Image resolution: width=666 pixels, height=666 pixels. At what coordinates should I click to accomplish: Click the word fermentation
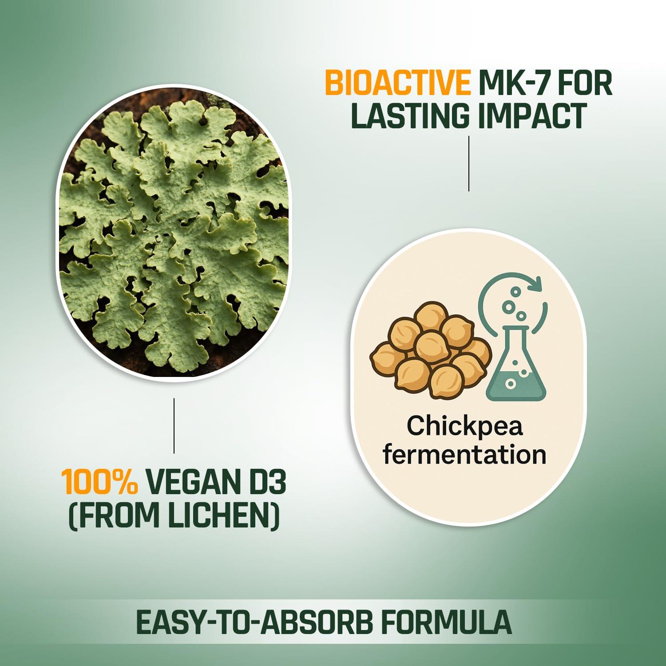tap(464, 455)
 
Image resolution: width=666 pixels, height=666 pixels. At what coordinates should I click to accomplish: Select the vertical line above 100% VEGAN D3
tap(174, 425)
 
